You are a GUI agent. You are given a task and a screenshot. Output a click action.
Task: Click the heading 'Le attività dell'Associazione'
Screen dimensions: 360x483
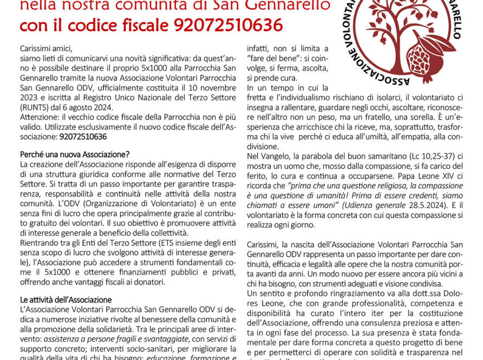66,299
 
